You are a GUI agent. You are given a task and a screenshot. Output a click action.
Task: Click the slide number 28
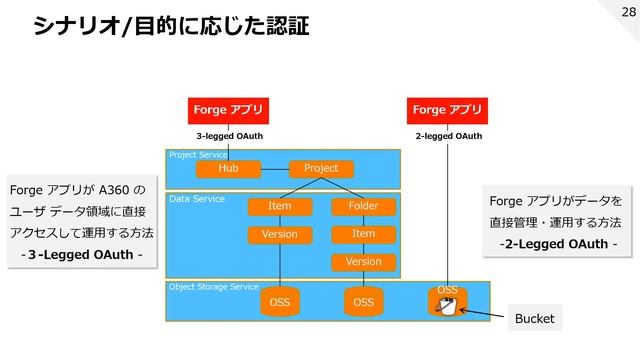click(x=627, y=12)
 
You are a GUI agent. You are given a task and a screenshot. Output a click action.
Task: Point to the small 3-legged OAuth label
click(x=229, y=135)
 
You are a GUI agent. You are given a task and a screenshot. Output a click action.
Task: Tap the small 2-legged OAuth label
click(x=448, y=135)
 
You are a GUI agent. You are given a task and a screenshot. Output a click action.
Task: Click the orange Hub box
click(x=228, y=169)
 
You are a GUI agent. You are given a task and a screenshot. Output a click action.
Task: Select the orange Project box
click(x=321, y=169)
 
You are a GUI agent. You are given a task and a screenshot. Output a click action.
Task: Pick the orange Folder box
click(x=363, y=207)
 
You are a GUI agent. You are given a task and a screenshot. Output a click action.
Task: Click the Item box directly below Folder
click(x=363, y=234)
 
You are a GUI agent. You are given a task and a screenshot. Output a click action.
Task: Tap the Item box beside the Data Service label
click(x=280, y=207)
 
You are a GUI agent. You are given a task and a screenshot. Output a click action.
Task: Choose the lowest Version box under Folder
click(x=363, y=262)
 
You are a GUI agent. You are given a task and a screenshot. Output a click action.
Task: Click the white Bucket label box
click(x=534, y=319)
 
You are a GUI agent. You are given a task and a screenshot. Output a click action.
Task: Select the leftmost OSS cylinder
click(x=280, y=301)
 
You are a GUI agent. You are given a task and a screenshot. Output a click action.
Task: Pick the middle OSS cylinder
click(x=363, y=301)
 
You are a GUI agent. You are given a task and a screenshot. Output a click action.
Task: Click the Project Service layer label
click(x=198, y=155)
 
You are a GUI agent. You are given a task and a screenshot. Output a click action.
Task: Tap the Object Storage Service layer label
click(x=213, y=287)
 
